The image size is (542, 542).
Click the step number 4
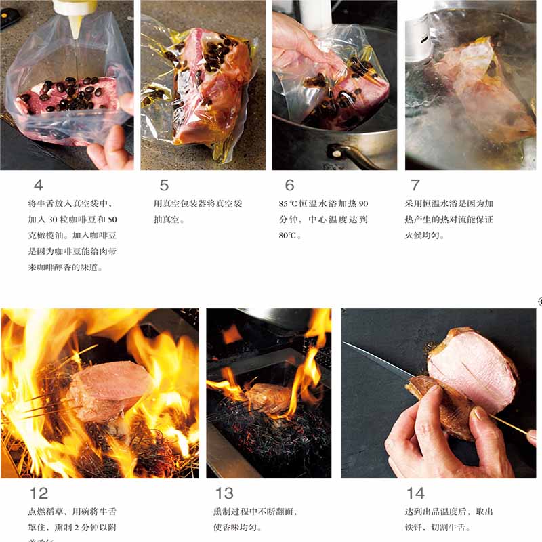(x=39, y=185)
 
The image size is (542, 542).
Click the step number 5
(x=164, y=185)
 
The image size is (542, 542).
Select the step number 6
(x=290, y=185)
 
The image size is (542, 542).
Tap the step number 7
(x=415, y=185)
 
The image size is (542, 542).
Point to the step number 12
(x=39, y=493)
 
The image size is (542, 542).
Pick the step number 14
(x=415, y=493)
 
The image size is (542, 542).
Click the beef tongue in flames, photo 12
(x=108, y=390)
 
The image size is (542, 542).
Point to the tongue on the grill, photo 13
(x=268, y=398)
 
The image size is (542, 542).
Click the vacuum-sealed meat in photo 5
(x=203, y=88)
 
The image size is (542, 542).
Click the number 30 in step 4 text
(x=64, y=220)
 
